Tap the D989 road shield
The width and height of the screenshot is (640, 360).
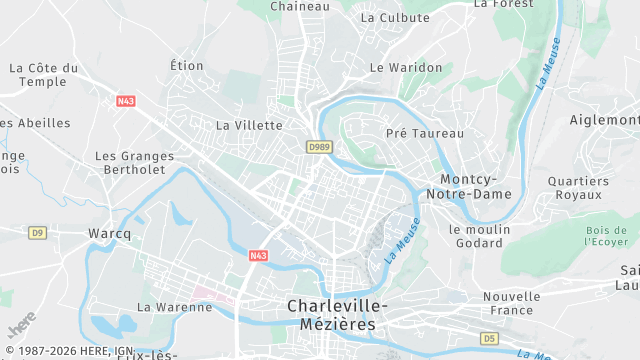(320, 147)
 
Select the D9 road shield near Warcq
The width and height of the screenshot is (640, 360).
(37, 233)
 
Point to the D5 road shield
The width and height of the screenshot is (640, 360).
(490, 339)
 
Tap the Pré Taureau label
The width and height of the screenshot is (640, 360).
(425, 133)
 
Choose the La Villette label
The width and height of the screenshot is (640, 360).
(250, 126)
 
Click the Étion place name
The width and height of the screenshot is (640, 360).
(187, 66)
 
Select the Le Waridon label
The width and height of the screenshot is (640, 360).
(406, 67)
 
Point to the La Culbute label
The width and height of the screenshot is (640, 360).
(395, 18)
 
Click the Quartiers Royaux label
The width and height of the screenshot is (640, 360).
(578, 188)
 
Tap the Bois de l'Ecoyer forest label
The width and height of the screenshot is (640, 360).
(607, 235)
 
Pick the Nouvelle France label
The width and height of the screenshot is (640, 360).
(511, 303)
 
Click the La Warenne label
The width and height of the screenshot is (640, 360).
(175, 307)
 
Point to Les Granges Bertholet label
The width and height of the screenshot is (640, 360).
(134, 163)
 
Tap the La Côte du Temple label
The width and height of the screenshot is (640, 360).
(43, 74)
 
